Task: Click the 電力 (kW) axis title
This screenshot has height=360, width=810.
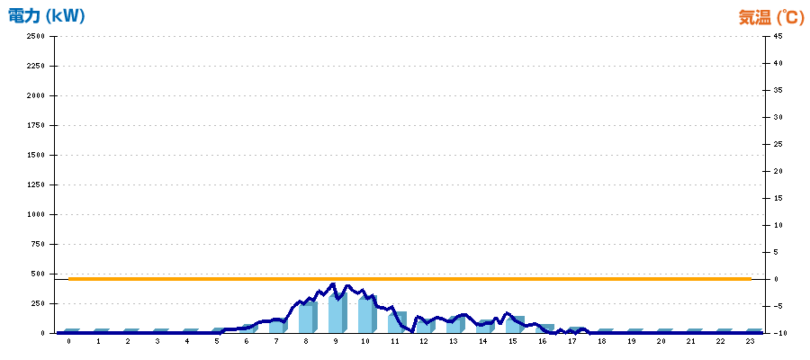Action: pyautogui.click(x=47, y=16)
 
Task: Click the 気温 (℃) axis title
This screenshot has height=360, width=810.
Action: pyautogui.click(x=771, y=18)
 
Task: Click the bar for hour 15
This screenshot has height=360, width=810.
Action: pyautogui.click(x=515, y=324)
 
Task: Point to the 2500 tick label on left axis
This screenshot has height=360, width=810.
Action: pyautogui.click(x=36, y=36)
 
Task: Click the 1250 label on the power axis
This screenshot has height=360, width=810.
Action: pyautogui.click(x=36, y=184)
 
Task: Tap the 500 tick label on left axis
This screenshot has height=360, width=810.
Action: pyautogui.click(x=38, y=274)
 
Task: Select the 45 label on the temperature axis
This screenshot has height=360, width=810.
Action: pyautogui.click(x=778, y=36)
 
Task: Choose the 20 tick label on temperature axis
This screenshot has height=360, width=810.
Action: pyautogui.click(x=778, y=171)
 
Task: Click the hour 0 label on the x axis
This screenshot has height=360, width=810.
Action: pyautogui.click(x=68, y=342)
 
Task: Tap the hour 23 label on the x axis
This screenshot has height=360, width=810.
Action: pyautogui.click(x=750, y=342)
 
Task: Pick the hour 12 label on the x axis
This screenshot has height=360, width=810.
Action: pyautogui.click(x=424, y=342)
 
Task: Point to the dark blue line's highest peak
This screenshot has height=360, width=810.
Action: pyautogui.click(x=333, y=284)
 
